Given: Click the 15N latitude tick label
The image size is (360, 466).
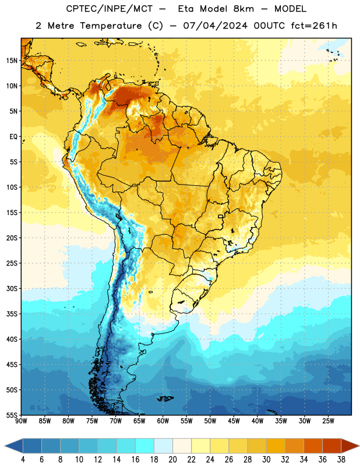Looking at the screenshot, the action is coord(12,61).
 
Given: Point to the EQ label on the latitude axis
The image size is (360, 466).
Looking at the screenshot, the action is coord(13,137).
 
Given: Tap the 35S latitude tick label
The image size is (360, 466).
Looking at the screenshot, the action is coord(12,314).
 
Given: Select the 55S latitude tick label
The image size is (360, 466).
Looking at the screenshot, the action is coord(12,415).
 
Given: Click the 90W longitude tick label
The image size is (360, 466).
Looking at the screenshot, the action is coord(21,421).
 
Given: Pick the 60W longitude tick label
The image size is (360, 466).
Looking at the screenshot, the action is coord(163,421).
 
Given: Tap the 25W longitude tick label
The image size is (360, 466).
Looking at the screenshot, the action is coord(328,421).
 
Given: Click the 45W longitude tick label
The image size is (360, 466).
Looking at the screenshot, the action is coord(234,421).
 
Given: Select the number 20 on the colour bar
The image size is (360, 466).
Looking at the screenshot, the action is coord(172,460).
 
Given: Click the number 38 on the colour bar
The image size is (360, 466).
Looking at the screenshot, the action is coord(341,460).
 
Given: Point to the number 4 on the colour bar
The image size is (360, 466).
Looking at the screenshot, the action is coord(23,460).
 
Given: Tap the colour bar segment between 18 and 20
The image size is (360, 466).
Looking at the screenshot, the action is coord(163,446).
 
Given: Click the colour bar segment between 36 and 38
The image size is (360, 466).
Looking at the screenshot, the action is coord(332,446).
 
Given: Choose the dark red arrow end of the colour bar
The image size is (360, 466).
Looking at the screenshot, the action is coord(350,446).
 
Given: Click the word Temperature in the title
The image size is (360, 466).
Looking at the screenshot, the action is coord(111,26).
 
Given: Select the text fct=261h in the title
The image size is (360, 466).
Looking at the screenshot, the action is coord(314,26).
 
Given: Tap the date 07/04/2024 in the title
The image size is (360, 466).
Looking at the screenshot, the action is coord(215,26).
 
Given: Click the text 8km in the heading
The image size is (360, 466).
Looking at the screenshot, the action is coord(243,9).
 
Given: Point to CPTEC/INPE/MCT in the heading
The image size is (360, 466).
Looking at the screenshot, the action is coord(110,9).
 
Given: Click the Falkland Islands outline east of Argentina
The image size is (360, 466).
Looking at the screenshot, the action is coord(165,398).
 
